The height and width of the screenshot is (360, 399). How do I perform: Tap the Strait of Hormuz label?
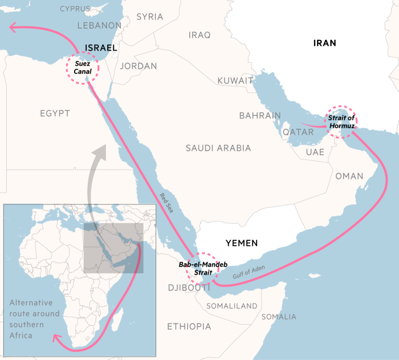(341, 121)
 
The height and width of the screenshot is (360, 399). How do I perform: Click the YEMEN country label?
(242, 243)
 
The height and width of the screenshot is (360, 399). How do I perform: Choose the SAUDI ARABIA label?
(218, 148)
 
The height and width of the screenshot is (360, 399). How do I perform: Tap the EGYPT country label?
(55, 113)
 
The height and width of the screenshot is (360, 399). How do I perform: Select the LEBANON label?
(99, 26)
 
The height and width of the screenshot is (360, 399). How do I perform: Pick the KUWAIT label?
(235, 81)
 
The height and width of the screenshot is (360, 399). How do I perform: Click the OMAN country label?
(349, 176)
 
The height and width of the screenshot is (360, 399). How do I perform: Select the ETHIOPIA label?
(189, 326)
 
